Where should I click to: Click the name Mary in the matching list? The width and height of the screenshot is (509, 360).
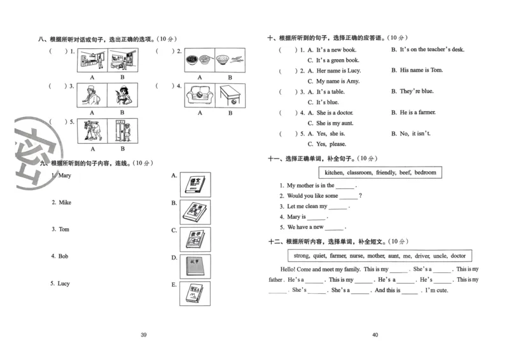64,176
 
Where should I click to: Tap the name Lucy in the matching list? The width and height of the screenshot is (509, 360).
64,284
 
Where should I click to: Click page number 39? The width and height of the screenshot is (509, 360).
143,335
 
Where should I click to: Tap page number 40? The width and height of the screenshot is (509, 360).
375,335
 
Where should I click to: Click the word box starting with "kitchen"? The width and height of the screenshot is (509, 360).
380,172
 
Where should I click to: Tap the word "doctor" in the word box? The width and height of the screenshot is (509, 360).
458,256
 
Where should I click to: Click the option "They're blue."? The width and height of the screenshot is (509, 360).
417,92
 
